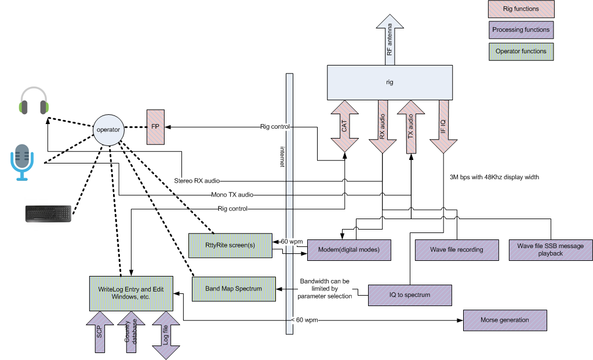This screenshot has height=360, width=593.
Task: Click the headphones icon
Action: point(34,101)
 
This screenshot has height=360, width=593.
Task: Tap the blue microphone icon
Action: point(22,162)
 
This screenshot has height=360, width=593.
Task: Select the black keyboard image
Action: point(49,213)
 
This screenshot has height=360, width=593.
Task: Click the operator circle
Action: point(108,130)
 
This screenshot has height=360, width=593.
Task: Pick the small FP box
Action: point(155,127)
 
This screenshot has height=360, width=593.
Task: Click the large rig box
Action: point(390,82)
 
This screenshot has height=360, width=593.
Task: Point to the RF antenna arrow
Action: point(390,39)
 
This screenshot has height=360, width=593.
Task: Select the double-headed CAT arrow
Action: point(344,126)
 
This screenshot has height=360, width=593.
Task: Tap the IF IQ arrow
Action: point(443,127)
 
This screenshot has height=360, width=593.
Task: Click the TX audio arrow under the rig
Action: point(411,127)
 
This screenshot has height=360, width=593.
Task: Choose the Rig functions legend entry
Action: point(521,9)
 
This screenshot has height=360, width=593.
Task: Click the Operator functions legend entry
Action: point(521,52)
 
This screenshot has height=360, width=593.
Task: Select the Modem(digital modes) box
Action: point(349,250)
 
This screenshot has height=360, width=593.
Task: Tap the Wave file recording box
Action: point(457,250)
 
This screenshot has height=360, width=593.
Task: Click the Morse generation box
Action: point(505,321)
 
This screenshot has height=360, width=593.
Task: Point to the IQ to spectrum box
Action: point(410,295)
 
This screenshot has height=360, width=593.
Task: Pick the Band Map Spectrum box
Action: point(234,289)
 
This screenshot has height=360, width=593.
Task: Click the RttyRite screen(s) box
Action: point(230,245)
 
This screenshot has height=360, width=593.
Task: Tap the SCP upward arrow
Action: point(100,332)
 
